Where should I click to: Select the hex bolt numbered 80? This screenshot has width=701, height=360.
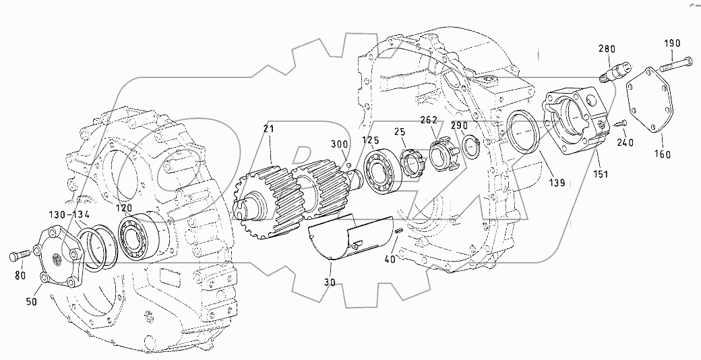pyautogui.click(x=19, y=257)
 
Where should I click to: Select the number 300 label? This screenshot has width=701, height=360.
pyautogui.click(x=339, y=144)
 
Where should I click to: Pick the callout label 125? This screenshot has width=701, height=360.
pyautogui.click(x=370, y=140)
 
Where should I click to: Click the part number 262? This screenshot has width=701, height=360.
pyautogui.click(x=429, y=121)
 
